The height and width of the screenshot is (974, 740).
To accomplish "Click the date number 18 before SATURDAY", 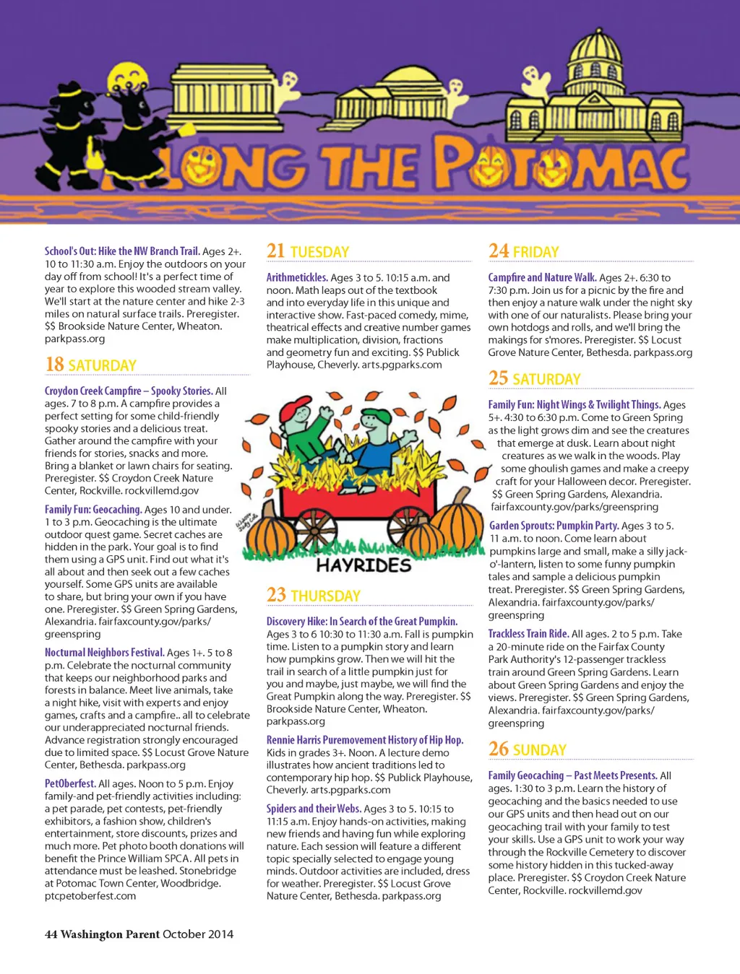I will (55, 365).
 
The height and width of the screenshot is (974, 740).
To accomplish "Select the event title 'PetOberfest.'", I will (70, 783).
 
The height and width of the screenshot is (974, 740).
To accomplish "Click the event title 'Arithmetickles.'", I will (297, 277).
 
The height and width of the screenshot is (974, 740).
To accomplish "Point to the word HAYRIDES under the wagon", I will (363, 565).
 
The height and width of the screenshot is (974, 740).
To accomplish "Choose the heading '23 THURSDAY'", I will (314, 596).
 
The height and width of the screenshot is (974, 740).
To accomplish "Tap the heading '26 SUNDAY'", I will (528, 749).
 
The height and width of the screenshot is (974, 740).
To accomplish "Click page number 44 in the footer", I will (51, 934).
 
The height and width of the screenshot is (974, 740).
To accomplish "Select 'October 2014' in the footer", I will (198, 934).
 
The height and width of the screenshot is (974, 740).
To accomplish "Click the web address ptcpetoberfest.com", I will (90, 896).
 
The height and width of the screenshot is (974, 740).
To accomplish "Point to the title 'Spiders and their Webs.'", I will (314, 809).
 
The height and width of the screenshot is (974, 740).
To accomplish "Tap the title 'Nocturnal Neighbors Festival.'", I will (105, 653).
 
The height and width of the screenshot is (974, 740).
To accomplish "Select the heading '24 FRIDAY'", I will (524, 251).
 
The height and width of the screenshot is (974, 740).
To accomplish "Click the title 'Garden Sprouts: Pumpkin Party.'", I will (554, 526).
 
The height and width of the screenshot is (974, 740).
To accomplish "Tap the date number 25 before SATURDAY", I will (498, 378).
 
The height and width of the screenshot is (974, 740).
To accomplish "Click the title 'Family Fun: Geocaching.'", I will (93, 509).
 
